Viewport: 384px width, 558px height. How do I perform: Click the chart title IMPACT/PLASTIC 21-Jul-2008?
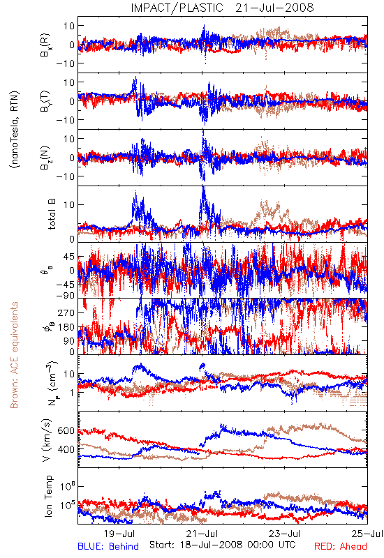(x=222, y=8)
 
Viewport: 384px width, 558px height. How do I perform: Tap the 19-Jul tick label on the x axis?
(x=119, y=534)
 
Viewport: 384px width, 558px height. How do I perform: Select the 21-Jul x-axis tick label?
(x=202, y=534)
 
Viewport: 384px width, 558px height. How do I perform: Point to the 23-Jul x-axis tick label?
(x=285, y=534)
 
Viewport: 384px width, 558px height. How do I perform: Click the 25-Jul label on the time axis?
(x=367, y=534)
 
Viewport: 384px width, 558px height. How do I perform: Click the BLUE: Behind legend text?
(x=108, y=546)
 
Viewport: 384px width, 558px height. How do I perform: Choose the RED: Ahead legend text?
(x=340, y=546)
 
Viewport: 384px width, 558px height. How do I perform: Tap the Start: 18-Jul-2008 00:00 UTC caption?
(x=223, y=545)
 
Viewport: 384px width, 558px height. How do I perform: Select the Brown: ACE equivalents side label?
(x=14, y=355)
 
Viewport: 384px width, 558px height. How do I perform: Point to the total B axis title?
(x=51, y=214)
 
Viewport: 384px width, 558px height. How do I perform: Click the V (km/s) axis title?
(x=46, y=441)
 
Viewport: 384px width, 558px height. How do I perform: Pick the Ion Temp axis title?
(x=48, y=496)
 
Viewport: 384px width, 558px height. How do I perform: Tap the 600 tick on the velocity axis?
(x=66, y=430)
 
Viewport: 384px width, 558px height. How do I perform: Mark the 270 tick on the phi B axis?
(x=66, y=312)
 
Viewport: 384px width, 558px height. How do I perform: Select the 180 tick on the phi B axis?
(x=66, y=327)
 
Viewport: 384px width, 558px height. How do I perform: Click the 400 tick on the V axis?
(x=66, y=449)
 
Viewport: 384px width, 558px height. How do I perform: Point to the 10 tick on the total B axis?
(x=69, y=204)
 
